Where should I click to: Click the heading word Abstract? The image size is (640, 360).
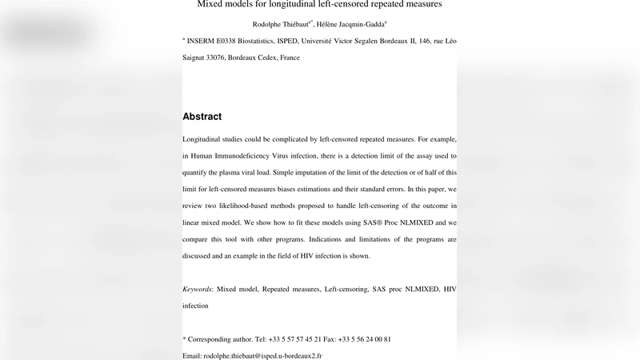pos(202,117)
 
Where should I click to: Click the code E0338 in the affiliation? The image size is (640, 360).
pos(240,41)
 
